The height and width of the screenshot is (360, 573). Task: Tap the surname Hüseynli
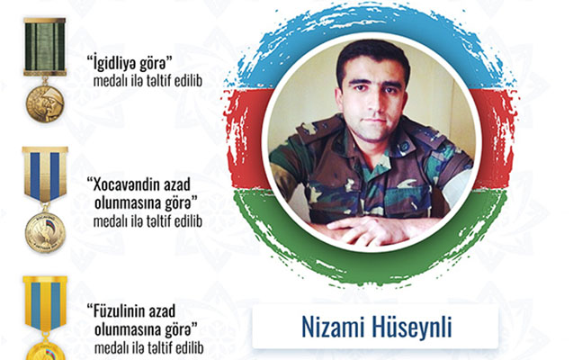pyautogui.click(x=412, y=327)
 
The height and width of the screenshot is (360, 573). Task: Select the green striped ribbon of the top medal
pyautogui.click(x=45, y=47)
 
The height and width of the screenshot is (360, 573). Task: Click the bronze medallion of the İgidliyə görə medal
pyautogui.click(x=45, y=104)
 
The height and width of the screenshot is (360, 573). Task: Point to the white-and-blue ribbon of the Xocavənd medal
pyautogui.click(x=45, y=175)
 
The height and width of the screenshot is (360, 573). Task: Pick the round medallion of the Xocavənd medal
pyautogui.click(x=45, y=232)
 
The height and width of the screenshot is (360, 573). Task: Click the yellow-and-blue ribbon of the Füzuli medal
pyautogui.click(x=45, y=304)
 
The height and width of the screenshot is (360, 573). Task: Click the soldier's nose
pyautogui.click(x=373, y=103)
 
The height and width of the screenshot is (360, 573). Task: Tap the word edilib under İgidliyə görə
pyautogui.click(x=188, y=82)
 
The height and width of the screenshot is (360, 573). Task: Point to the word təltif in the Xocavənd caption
pyautogui.click(x=159, y=221)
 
